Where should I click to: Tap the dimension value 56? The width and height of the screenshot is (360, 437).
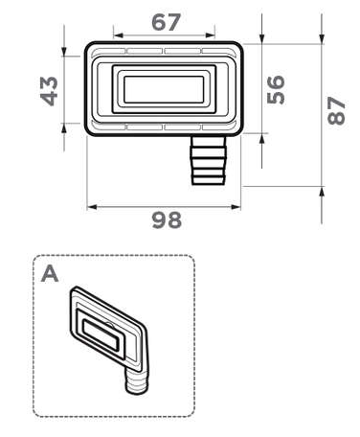(277, 89)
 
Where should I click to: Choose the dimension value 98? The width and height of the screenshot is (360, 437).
(166, 220)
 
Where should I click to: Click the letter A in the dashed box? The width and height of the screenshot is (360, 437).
(51, 273)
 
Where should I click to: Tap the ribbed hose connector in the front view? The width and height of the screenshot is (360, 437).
(206, 159)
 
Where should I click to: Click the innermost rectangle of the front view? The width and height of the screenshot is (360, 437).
(164, 90)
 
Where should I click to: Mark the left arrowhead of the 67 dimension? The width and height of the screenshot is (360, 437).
(117, 35)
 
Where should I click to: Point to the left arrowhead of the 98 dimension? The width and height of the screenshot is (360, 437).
(91, 205)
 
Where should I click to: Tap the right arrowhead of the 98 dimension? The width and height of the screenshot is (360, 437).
(238, 205)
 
